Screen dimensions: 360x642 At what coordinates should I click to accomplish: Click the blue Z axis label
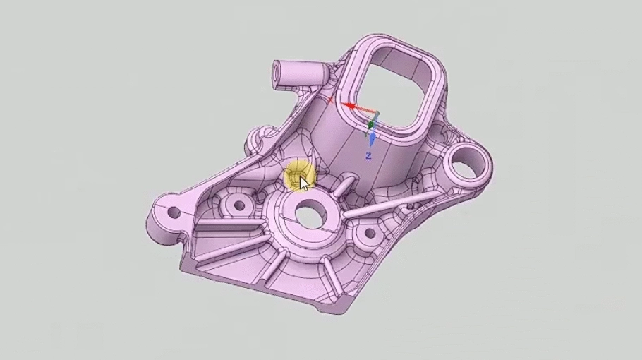coord(368,155)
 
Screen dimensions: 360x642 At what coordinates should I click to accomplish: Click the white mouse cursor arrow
coord(303,183)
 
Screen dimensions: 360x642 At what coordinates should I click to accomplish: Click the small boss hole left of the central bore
coord(238,206)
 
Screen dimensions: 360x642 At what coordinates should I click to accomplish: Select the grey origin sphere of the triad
coord(375,114)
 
